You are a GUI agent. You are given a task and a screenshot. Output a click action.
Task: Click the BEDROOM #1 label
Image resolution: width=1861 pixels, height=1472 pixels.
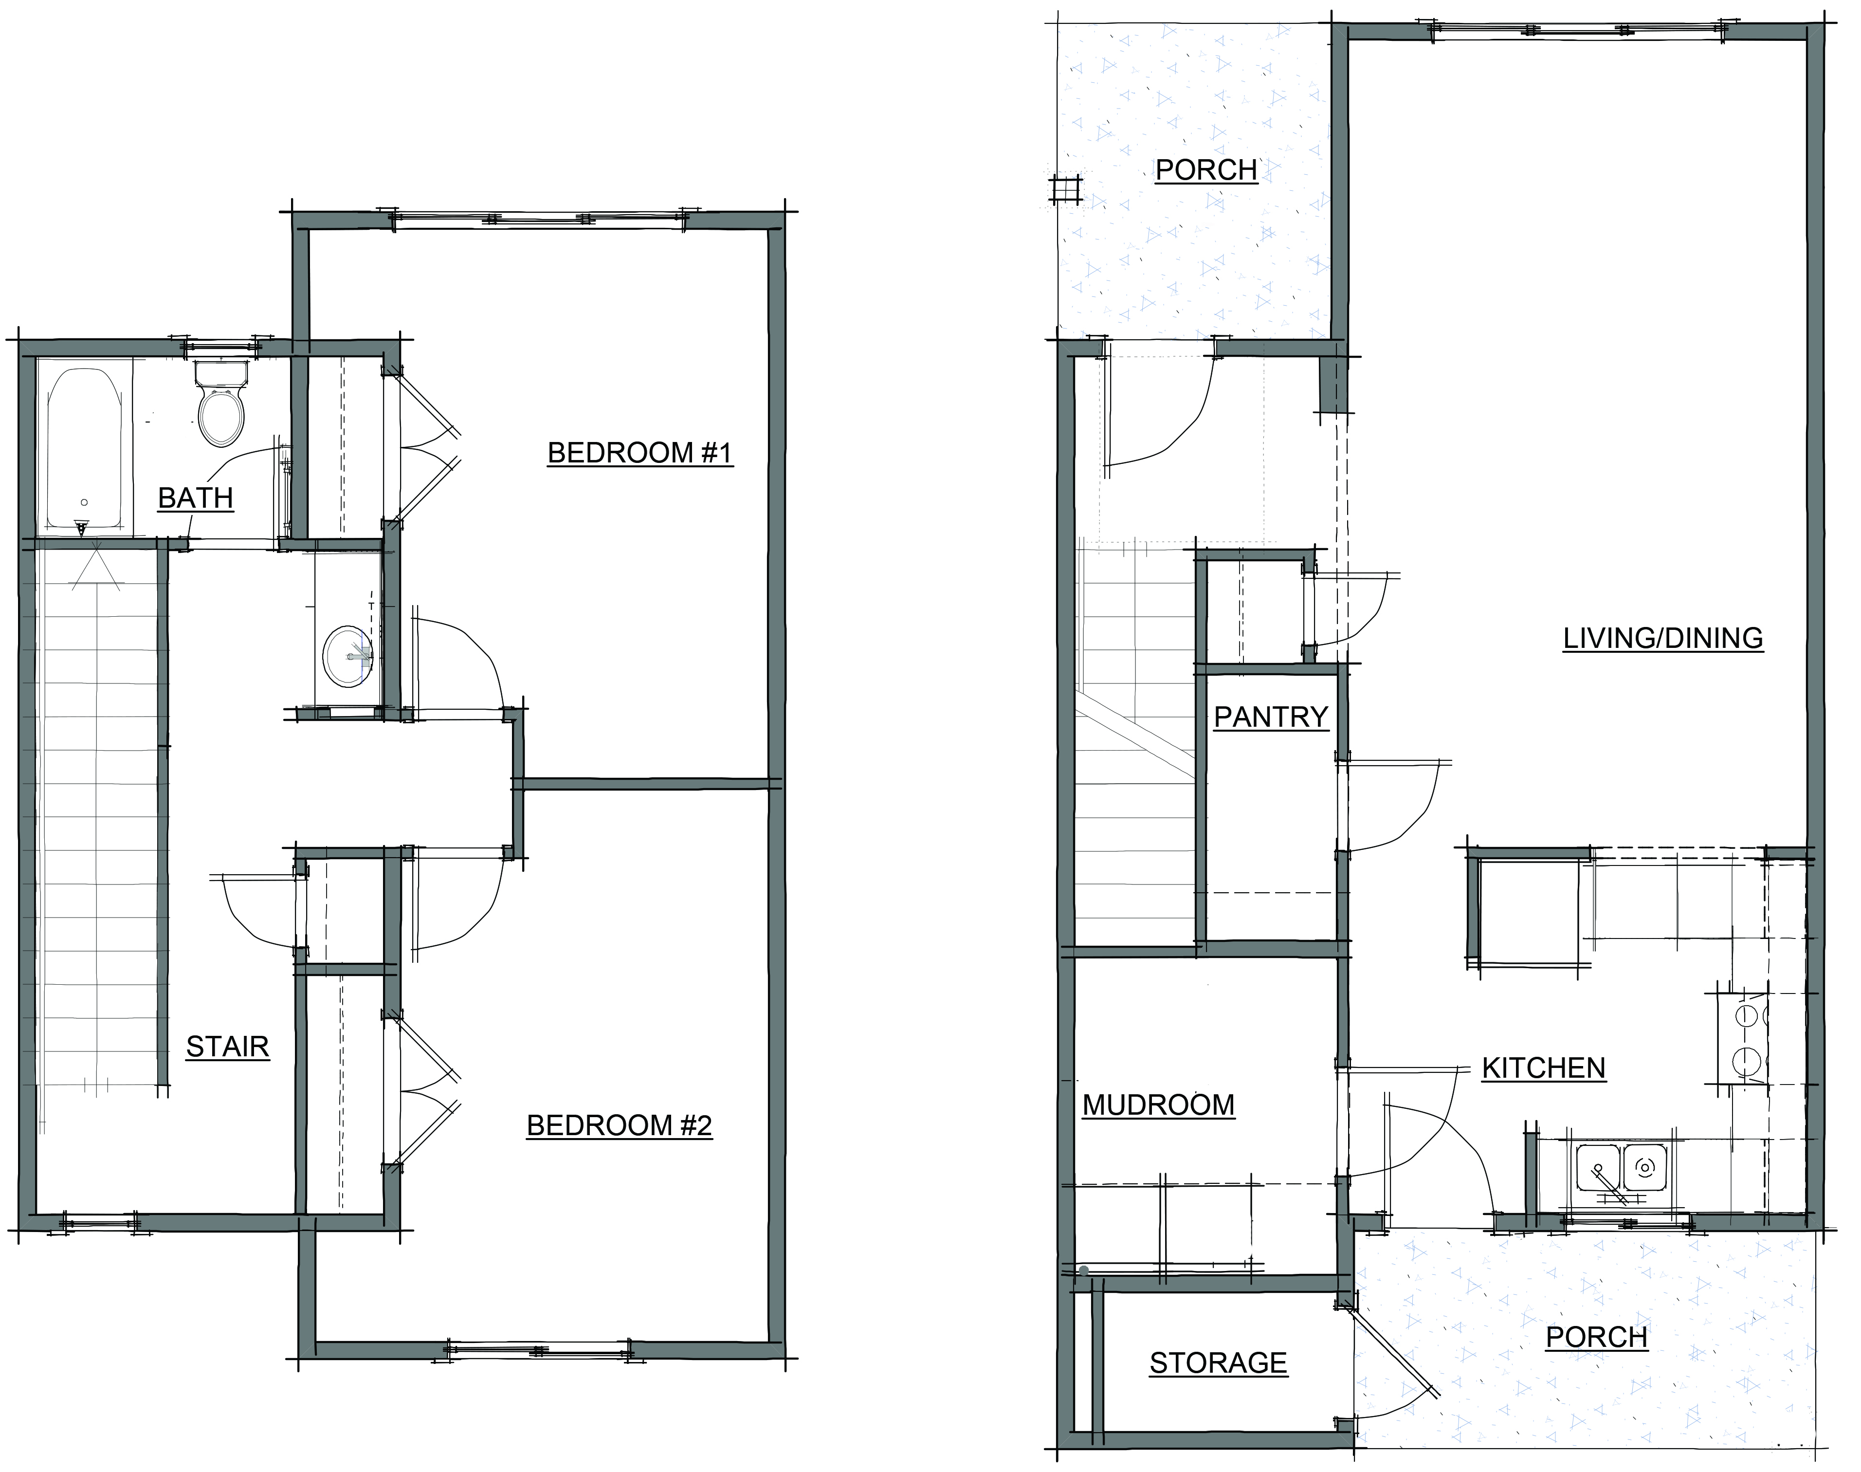639,453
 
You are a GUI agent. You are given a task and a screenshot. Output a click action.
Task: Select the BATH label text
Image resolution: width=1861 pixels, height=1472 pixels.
196,497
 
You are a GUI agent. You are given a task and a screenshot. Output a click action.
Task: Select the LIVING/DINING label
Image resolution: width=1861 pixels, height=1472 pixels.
1663,638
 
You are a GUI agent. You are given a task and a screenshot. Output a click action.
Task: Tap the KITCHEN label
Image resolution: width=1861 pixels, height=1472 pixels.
1543,1068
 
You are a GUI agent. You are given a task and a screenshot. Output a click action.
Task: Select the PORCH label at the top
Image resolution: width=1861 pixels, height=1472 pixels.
1206,170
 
